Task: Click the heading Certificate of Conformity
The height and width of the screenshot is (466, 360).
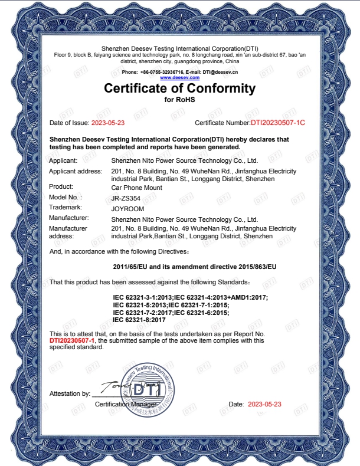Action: (179, 89)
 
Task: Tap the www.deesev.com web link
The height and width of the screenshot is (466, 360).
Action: (179, 77)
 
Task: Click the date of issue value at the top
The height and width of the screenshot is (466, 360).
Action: (108, 123)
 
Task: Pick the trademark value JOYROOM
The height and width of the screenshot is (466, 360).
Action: (127, 208)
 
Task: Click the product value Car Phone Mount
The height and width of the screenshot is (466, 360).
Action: (136, 187)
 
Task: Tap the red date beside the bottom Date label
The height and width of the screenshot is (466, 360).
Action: (264, 404)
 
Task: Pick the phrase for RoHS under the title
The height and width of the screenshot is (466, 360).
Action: (179, 100)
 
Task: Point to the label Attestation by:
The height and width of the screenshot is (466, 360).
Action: (70, 393)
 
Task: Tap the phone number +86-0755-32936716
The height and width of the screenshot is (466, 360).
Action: (161, 71)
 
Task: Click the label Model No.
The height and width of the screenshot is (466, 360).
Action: (65, 197)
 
